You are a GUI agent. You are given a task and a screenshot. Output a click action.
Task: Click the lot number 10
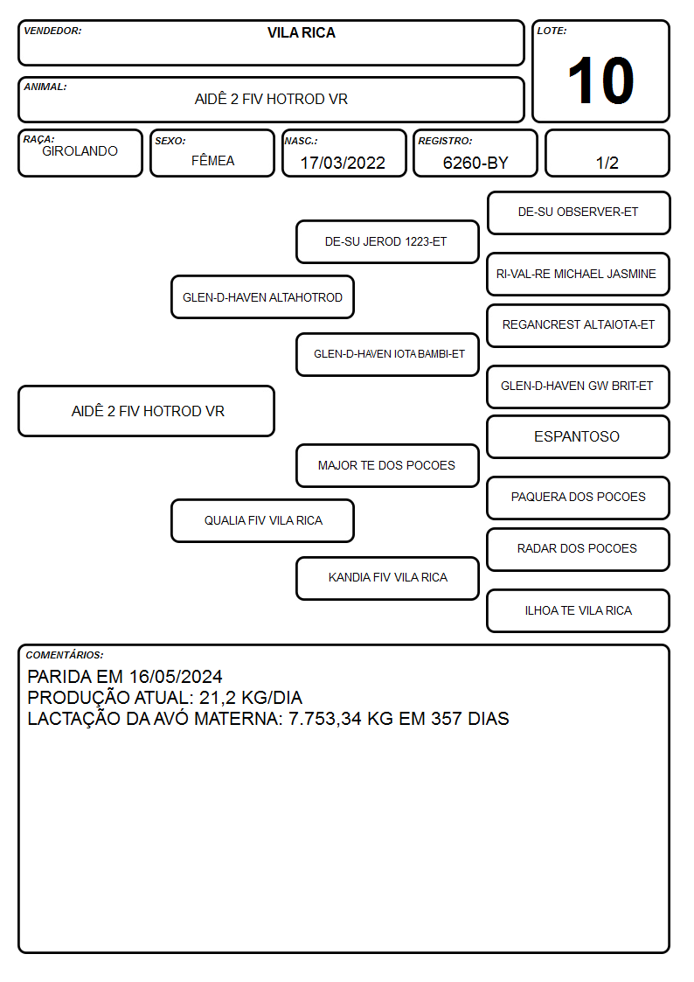pos(600,80)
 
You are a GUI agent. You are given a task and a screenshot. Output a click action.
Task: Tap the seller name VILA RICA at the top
pos(301,32)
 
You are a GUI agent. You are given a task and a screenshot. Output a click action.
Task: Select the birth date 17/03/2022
pos(343,163)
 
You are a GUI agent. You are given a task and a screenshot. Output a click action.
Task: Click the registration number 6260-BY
pos(475,163)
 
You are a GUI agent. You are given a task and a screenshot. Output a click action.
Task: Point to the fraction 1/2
pos(607,163)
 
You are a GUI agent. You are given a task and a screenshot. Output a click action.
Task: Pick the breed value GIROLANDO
pos(80,151)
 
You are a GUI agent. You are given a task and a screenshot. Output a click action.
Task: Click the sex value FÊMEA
pos(212,160)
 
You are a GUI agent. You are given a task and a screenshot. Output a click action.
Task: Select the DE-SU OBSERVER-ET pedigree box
pos(579,213)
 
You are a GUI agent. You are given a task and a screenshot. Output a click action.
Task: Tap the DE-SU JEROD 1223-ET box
pos(387,241)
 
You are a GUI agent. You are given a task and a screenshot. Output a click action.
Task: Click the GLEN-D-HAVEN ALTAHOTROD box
pos(263,297)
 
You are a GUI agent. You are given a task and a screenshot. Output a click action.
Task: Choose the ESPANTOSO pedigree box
pos(579,436)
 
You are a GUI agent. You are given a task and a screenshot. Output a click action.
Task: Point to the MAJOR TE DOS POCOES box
pos(387,465)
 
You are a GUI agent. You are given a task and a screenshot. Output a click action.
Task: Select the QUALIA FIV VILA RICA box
pos(263,520)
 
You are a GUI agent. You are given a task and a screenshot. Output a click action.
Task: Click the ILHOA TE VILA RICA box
pos(579,610)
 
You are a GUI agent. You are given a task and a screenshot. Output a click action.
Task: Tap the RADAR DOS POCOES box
pos(579,549)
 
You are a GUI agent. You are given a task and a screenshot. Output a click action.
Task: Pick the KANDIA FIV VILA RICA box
pos(387,578)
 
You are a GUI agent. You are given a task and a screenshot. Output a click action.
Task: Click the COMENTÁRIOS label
pos(65,655)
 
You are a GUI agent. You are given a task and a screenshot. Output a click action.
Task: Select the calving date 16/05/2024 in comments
pos(176,677)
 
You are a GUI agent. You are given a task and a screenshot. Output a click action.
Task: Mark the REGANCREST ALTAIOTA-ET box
pos(579,325)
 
